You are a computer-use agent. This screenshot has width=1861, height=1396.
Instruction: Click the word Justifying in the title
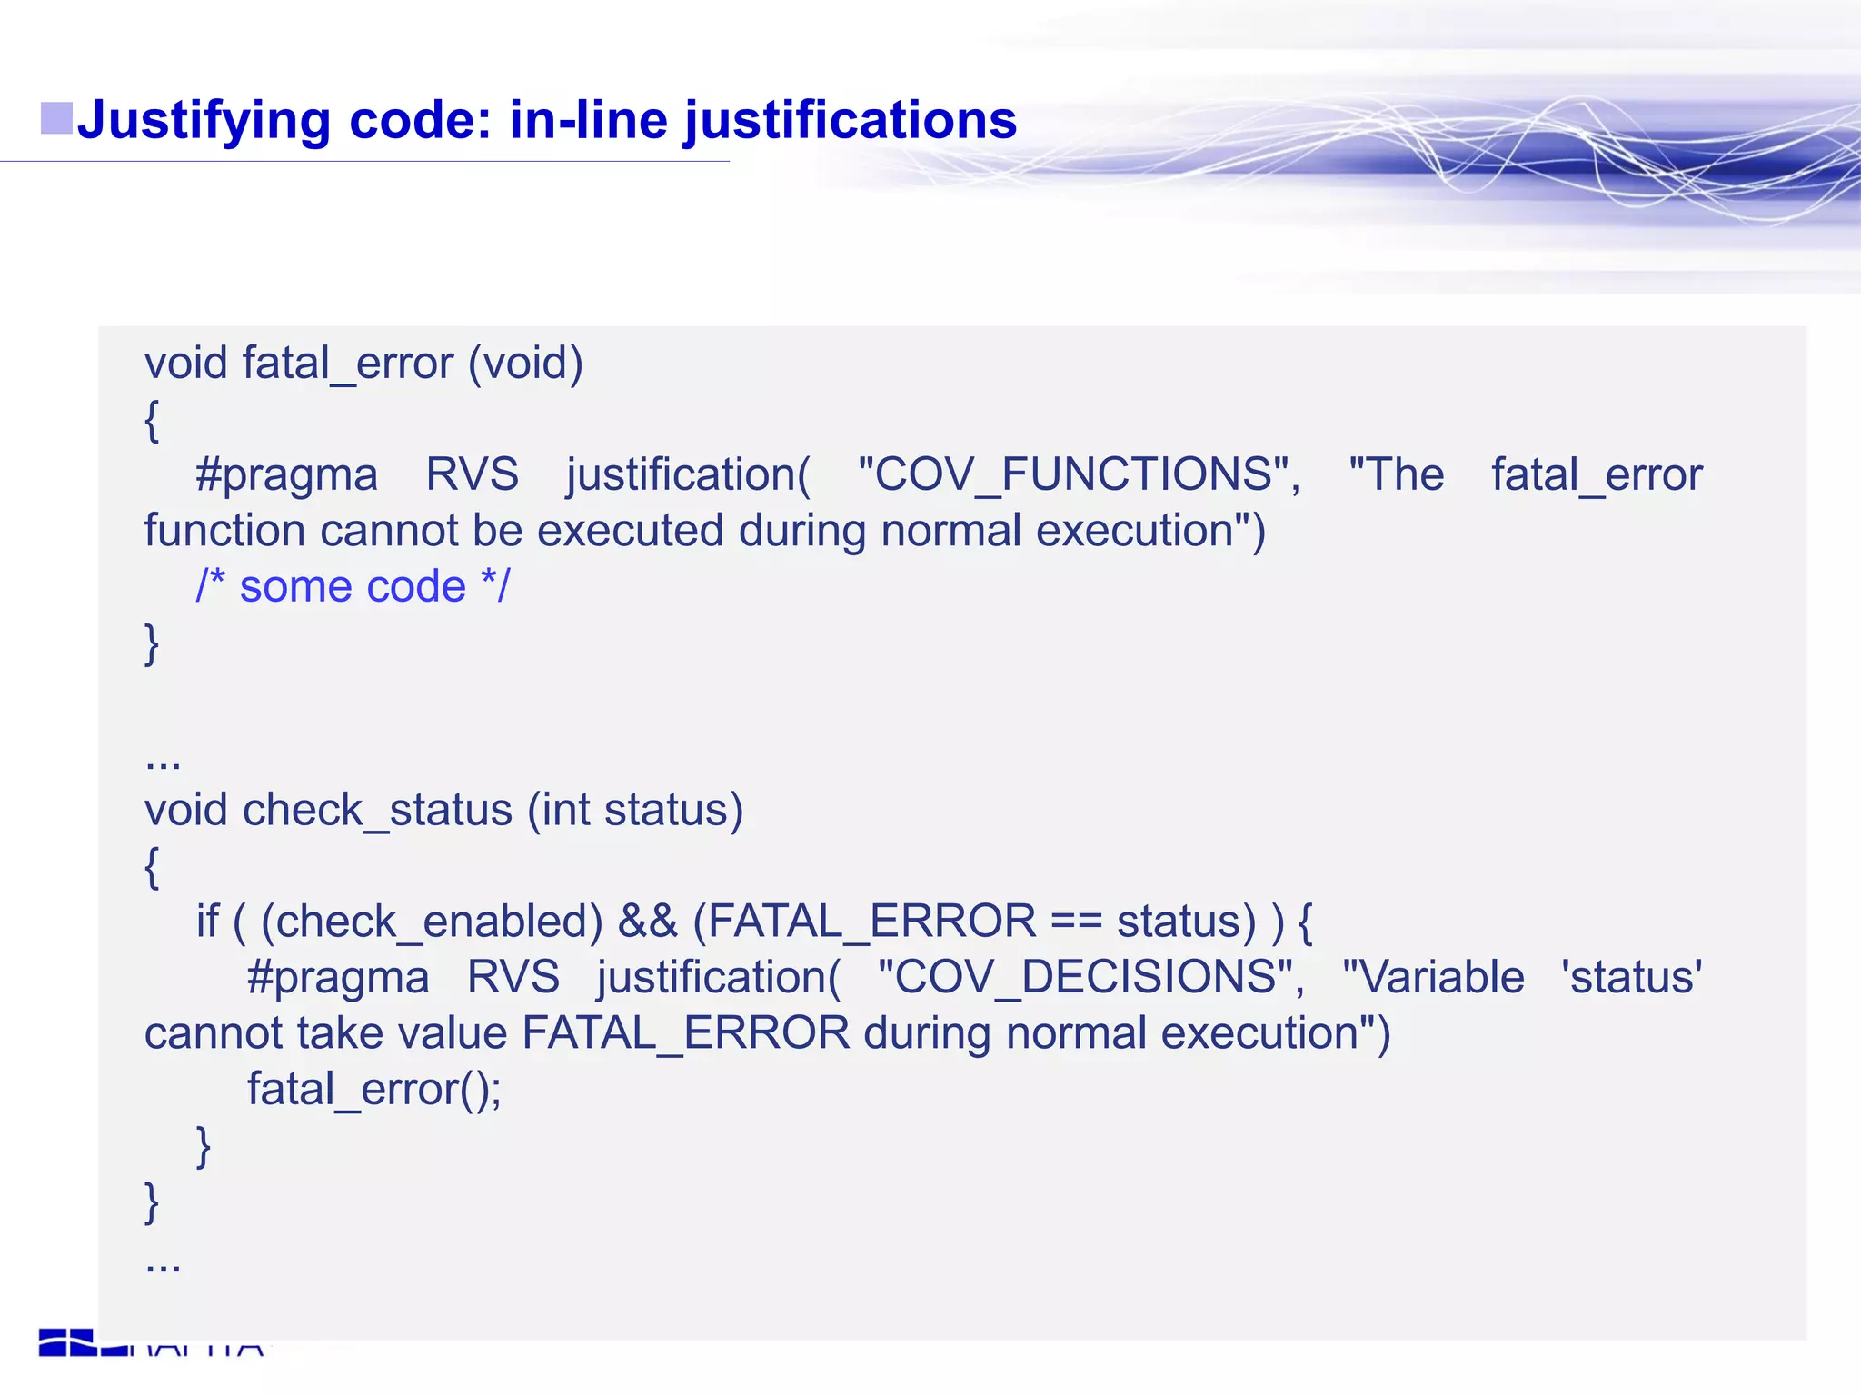pyautogui.click(x=203, y=121)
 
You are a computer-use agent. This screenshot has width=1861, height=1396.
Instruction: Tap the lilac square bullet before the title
pyautogui.click(x=56, y=118)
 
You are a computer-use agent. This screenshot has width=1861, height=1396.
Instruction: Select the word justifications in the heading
pyautogui.click(x=850, y=121)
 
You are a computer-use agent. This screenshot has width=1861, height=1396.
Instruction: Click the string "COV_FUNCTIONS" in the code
pyautogui.click(x=1079, y=474)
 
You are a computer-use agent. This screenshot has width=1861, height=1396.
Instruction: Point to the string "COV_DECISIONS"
pyautogui.click(x=1090, y=977)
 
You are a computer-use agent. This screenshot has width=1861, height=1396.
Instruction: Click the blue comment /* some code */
pyautogui.click(x=353, y=586)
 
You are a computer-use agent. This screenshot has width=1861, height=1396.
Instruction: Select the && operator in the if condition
pyautogui.click(x=647, y=922)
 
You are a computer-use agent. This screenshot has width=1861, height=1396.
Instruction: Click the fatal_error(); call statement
pyautogui.click(x=373, y=1089)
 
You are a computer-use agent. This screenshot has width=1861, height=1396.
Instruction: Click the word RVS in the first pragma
pyautogui.click(x=472, y=474)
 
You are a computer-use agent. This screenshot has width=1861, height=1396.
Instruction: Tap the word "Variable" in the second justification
pyautogui.click(x=1433, y=977)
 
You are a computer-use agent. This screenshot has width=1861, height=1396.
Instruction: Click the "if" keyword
pyautogui.click(x=207, y=922)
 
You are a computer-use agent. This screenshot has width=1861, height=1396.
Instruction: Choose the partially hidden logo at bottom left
pyautogui.click(x=150, y=1343)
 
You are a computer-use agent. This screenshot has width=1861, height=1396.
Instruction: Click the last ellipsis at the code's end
pyautogui.click(x=163, y=1263)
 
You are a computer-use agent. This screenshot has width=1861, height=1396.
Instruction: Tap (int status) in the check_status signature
pyautogui.click(x=635, y=810)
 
